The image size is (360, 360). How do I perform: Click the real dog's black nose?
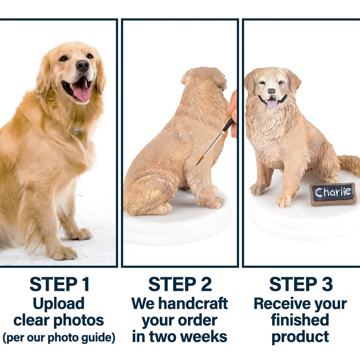coord(82,65)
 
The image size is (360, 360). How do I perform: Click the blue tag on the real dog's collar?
coord(77,131)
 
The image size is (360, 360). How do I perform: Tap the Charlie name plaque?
coord(333,194)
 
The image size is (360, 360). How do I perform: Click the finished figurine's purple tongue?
coord(272,103)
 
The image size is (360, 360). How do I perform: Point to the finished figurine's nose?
coord(271,91)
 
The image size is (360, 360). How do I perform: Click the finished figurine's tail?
coord(349,164)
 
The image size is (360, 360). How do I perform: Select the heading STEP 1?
coord(59,284)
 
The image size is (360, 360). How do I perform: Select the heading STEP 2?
coord(180,284)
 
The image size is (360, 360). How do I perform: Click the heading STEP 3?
coord(301,284)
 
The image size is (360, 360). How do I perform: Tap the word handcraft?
coord(193,303)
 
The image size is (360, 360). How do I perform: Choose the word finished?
coord(300,320)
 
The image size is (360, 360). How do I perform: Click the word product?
coord(300,337)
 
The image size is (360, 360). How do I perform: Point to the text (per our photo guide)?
coord(59,338)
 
